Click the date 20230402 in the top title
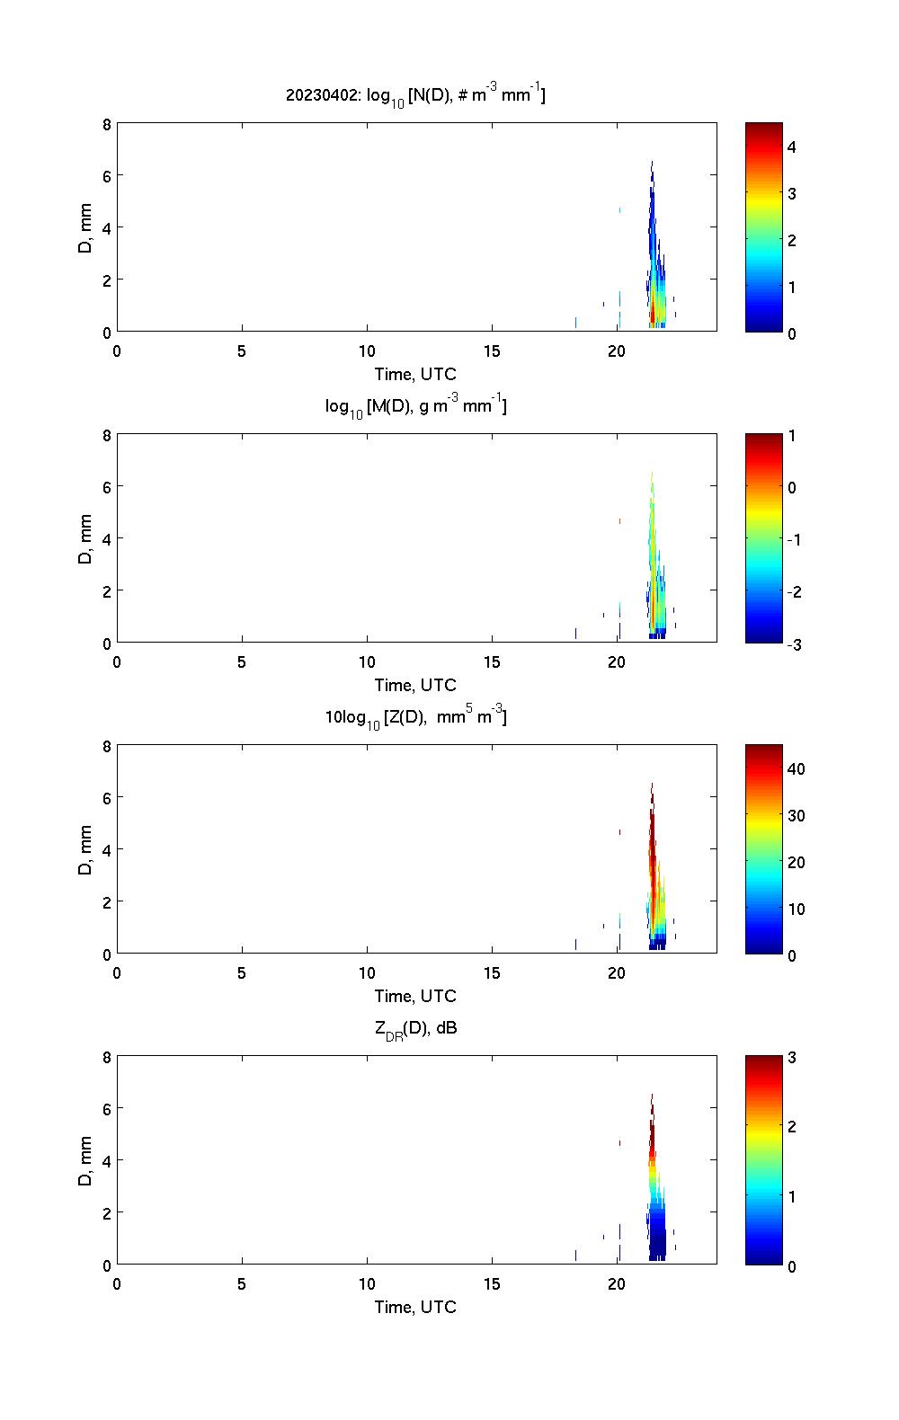pyautogui.click(x=323, y=94)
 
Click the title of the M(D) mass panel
pyautogui.click(x=415, y=406)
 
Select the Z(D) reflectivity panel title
pyautogui.click(x=415, y=717)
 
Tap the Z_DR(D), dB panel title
pyautogui.click(x=415, y=1028)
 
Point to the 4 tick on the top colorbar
pyautogui.click(x=792, y=146)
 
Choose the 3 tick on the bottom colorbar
pyautogui.click(x=792, y=1058)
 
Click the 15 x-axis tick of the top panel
pyautogui.click(x=492, y=351)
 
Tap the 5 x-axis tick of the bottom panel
pyautogui.click(x=242, y=1283)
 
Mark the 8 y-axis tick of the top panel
pyautogui.click(x=107, y=124)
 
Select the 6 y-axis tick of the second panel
pyautogui.click(x=107, y=486)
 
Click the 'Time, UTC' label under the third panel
pyautogui.click(x=415, y=996)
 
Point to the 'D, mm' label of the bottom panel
pyautogui.click(x=85, y=1160)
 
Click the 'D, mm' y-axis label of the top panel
pyautogui.click(x=85, y=227)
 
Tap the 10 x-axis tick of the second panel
pyautogui.click(x=367, y=661)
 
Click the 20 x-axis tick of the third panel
pyautogui.click(x=617, y=972)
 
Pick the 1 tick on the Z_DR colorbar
pyautogui.click(x=792, y=1196)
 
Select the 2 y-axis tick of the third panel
pyautogui.click(x=107, y=901)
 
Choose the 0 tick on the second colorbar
pyautogui.click(x=792, y=487)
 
